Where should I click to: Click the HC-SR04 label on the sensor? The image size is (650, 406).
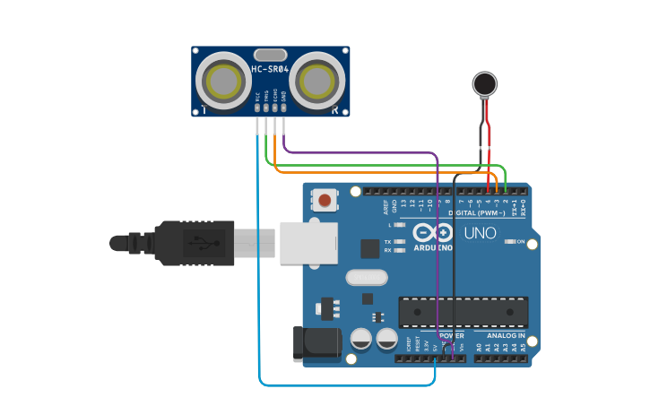coord(270,69)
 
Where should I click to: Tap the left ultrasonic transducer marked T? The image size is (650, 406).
coord(224,81)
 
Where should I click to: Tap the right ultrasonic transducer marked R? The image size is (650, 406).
coord(317,81)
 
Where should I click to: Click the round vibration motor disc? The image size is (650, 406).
coord(484,84)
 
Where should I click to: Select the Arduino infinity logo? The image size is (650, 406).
coord(432,231)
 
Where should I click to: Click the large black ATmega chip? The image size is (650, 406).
coord(463,311)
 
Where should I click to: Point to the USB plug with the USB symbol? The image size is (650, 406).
coord(194,243)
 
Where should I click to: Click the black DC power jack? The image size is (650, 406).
coord(317,345)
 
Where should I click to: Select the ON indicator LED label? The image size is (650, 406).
coord(519,242)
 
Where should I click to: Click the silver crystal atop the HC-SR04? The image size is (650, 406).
coord(270,55)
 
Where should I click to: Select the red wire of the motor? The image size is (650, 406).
coord(489,143)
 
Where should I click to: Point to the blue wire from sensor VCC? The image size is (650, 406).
coord(258,269)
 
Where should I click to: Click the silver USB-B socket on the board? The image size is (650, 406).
coord(308,243)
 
